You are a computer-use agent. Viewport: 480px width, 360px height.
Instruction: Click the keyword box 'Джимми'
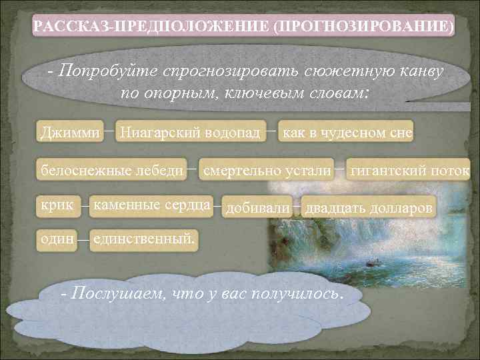click(x=71, y=131)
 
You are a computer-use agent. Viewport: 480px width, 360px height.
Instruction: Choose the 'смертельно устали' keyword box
click(x=267, y=171)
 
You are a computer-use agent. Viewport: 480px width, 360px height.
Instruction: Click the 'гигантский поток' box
click(x=409, y=171)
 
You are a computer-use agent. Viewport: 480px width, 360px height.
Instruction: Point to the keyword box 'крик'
click(x=57, y=205)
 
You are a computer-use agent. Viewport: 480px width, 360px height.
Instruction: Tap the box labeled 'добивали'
click(x=258, y=208)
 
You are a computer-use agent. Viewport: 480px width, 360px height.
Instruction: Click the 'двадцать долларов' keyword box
click(x=369, y=208)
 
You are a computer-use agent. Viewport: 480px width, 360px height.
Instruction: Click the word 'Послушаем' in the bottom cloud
click(x=112, y=294)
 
